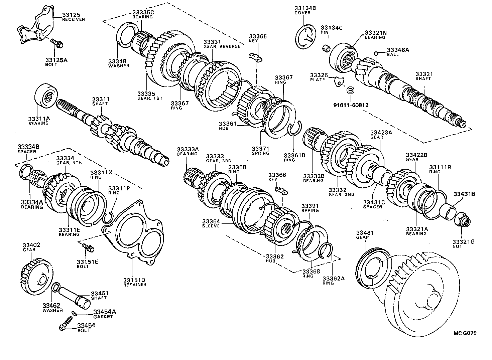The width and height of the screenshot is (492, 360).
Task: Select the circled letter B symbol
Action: (x=350, y=90)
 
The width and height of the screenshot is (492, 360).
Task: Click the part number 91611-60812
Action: (x=351, y=105)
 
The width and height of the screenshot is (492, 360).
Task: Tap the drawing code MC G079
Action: (x=465, y=333)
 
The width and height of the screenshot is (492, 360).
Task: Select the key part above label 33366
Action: (x=281, y=190)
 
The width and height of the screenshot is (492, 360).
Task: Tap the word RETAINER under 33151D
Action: (x=135, y=285)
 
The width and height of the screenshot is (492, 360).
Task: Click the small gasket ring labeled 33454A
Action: (x=75, y=314)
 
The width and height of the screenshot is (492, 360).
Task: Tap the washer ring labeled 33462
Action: (x=56, y=287)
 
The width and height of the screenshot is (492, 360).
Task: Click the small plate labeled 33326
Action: (x=339, y=81)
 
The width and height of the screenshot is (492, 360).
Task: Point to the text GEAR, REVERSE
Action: (x=222, y=46)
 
